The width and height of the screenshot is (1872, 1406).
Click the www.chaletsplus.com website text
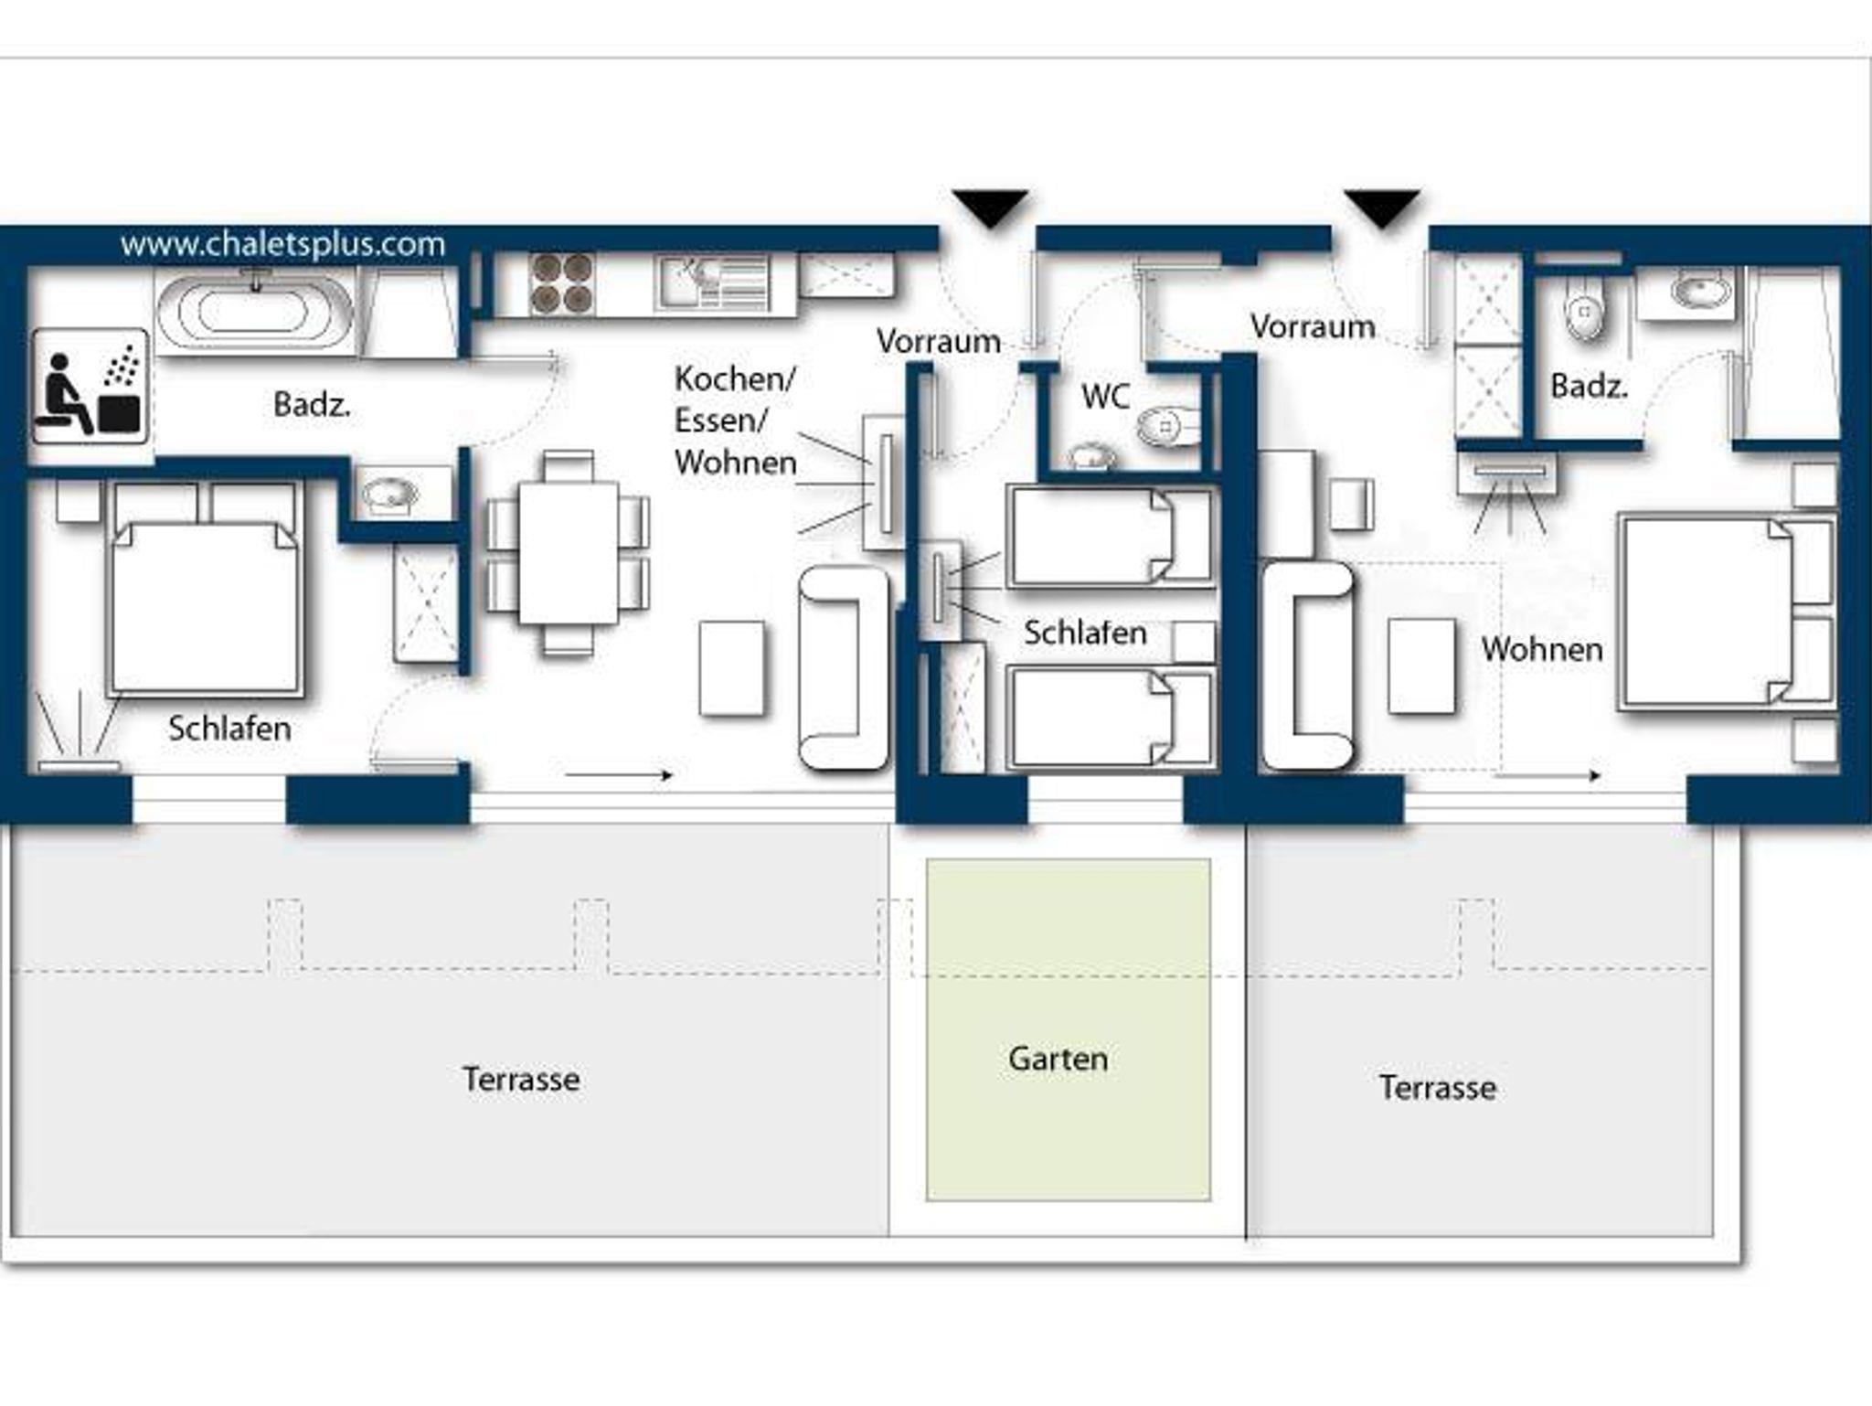coord(282,245)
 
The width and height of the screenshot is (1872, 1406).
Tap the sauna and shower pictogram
coord(90,387)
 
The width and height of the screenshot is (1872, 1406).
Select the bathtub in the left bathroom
coord(255,312)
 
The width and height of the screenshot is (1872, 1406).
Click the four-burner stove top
coord(560,283)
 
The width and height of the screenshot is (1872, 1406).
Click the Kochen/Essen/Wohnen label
coord(736,421)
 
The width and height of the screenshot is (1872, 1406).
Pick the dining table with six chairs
coord(568,553)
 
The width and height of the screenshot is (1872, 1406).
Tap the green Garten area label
coord(1058,1059)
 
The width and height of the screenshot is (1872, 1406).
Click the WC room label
coord(1105,397)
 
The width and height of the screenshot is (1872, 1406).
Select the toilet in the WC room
coord(1168,426)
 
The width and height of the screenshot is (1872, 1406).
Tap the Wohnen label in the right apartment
coord(1542,649)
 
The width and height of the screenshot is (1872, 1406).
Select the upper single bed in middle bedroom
coord(1111,537)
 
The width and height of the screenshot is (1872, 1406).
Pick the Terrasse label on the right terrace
coord(1437,1087)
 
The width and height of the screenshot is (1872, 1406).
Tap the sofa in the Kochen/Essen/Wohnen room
coord(843,667)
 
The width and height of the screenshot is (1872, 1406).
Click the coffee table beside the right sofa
coord(1421,666)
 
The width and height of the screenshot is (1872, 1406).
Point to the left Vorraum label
coord(939,341)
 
